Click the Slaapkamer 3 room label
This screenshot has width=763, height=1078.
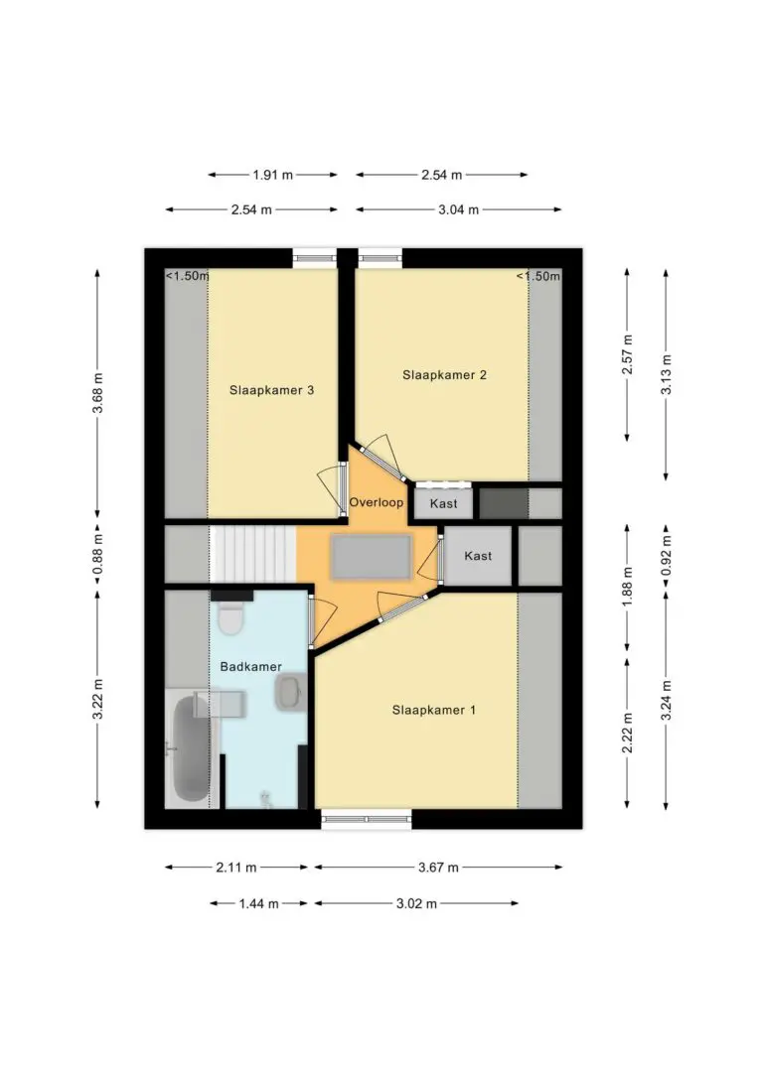pos(272,390)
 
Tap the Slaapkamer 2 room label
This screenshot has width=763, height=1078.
pos(444,374)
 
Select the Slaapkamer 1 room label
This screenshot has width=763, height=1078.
pos(433,710)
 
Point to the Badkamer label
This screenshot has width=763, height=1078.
pos(250,667)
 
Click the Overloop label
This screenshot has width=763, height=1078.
pos(377,502)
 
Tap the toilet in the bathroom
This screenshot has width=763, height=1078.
pos(229,618)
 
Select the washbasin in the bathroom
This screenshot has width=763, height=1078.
pos(290,692)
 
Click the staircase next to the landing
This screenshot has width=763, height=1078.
pos(253,554)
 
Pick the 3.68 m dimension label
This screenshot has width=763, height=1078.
pos(98,393)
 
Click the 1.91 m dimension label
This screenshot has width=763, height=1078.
pos(272,175)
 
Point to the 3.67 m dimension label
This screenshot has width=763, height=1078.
pos(438,868)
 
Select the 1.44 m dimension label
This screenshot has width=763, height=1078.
pos(258,903)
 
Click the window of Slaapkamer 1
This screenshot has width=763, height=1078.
pos(367,819)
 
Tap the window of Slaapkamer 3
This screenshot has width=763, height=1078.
pos(314,258)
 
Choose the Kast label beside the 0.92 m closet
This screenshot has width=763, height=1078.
pos(478,556)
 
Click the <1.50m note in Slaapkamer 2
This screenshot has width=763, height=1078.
pos(538,276)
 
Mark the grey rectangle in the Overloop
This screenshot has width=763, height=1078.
pos(372,558)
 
